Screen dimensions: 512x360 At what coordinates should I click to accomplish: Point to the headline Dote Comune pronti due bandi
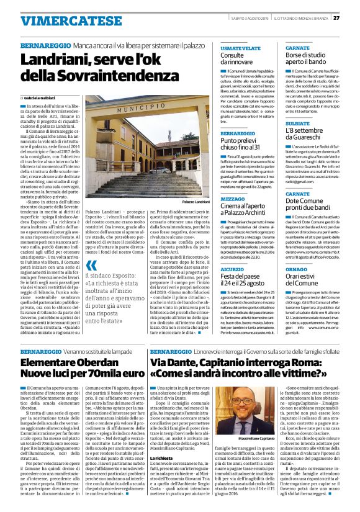[x=308, y=202]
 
